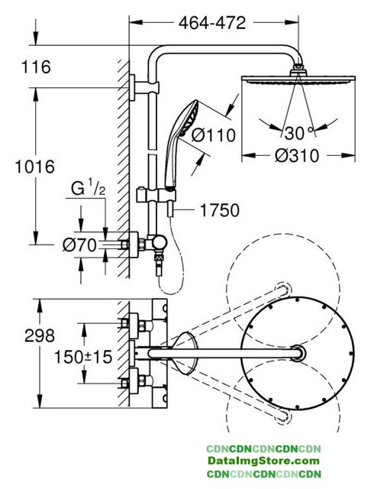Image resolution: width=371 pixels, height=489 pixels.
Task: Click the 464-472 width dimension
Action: coord(212,23)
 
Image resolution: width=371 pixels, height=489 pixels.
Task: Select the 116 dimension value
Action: coord(36,67)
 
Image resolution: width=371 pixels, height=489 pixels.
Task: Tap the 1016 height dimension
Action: coord(35,167)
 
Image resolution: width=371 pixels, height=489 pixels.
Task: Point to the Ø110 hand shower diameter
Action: coord(214,135)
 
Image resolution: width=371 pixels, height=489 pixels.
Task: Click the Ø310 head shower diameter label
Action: coord(297,156)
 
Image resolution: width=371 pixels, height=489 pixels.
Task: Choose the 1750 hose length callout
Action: coord(220,210)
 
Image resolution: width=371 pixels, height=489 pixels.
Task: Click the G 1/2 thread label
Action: coord(88,189)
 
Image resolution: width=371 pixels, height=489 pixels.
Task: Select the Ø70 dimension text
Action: coord(79,245)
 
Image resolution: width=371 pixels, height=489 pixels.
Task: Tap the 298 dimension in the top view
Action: coord(40,335)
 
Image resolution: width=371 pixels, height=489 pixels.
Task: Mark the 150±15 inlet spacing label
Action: coord(83,357)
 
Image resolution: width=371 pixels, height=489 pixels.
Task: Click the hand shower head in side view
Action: coord(188,118)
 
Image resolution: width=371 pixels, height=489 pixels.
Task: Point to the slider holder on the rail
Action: coord(156,196)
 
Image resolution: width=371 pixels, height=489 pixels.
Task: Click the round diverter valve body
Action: coord(159,242)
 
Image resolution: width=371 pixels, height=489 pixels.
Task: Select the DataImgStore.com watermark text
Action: coord(263,461)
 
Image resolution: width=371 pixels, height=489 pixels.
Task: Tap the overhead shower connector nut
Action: coord(298,70)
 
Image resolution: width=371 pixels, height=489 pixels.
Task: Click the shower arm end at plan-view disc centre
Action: coord(298,353)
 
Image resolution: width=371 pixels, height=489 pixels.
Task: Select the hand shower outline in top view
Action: coord(185,353)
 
